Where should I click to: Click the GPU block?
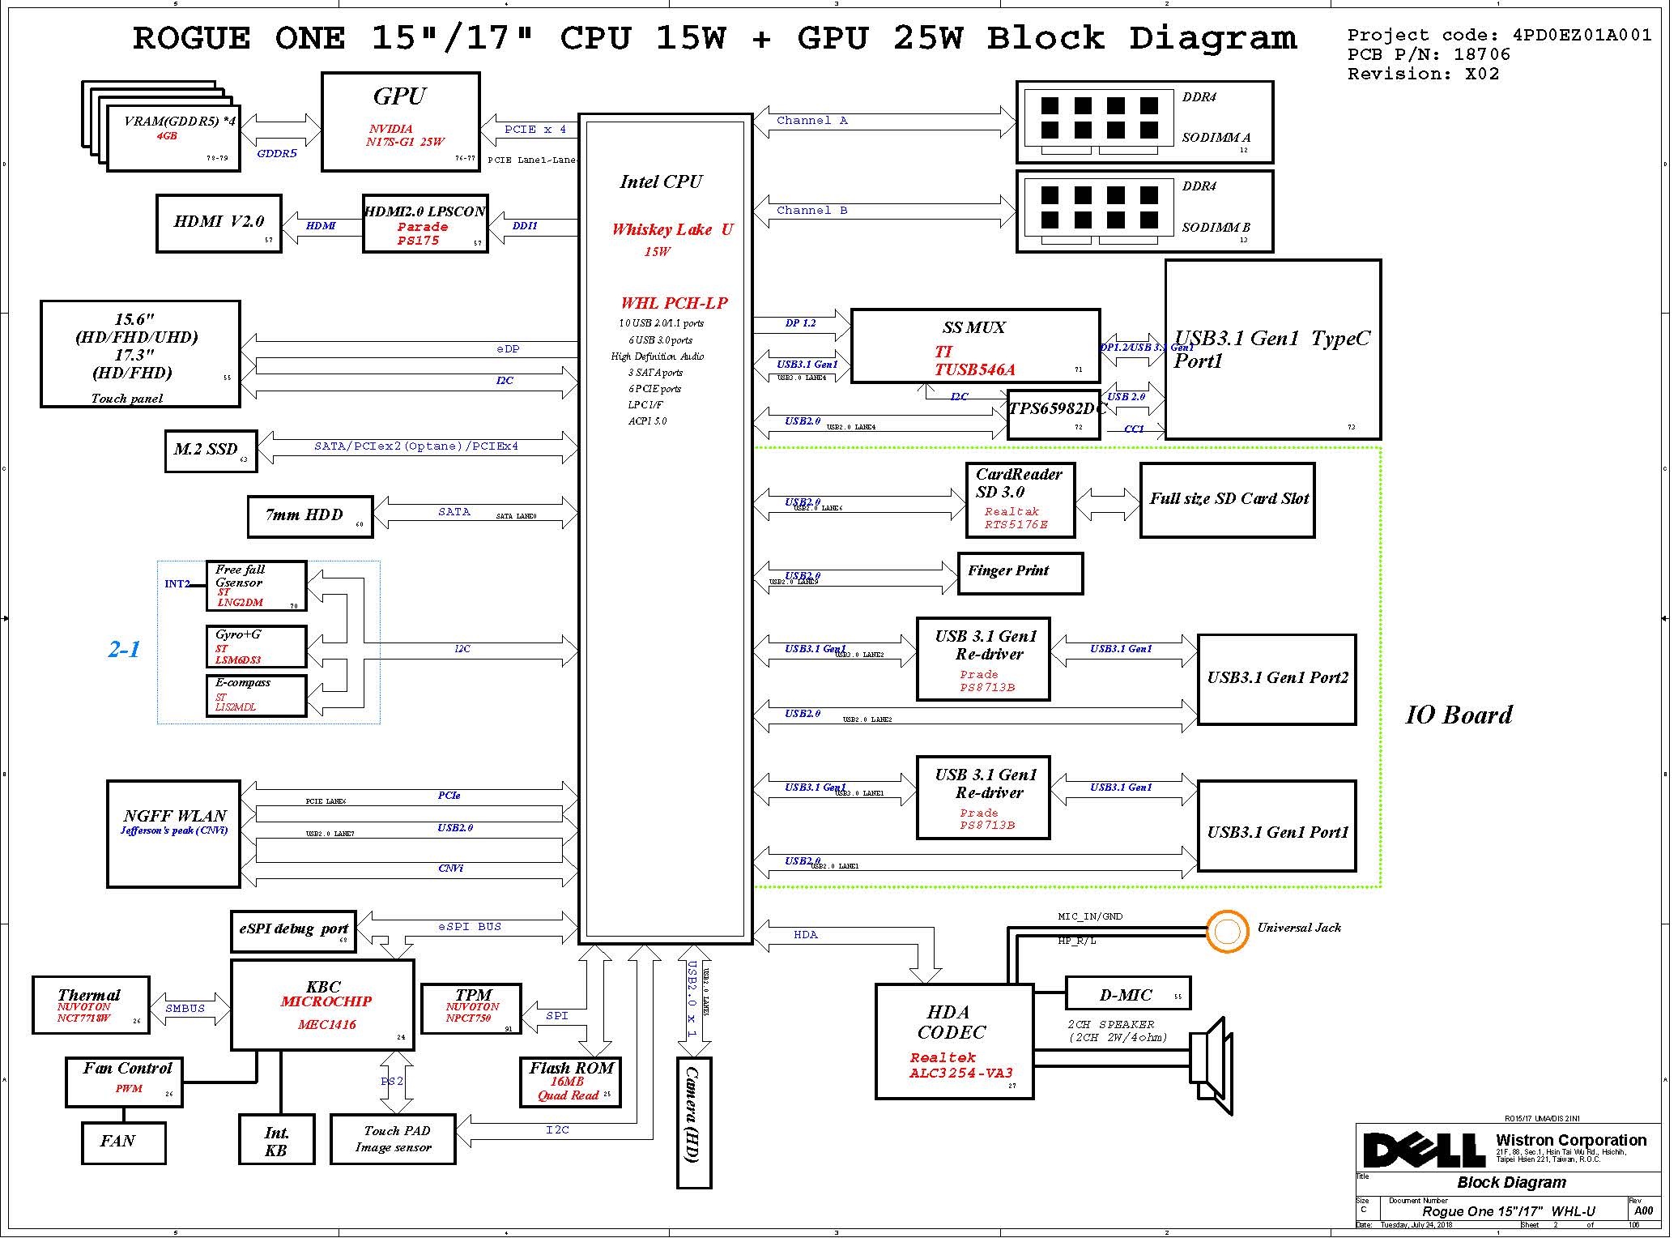coord(400,122)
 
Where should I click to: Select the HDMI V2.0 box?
coord(219,223)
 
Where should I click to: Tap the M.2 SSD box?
coord(210,450)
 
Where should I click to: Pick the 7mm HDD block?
coord(309,516)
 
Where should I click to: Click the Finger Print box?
coord(1020,573)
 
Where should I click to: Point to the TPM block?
coord(471,1008)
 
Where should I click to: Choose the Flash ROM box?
coord(570,1082)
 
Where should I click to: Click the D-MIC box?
coord(1127,994)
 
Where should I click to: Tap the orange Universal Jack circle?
coord(1227,932)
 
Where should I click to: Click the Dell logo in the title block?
coord(1424,1150)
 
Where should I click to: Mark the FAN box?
coord(123,1142)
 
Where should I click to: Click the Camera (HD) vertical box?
coord(693,1122)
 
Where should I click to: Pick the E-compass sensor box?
coord(256,695)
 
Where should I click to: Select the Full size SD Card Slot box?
coord(1227,500)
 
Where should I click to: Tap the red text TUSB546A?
coord(974,370)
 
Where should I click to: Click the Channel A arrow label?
coord(811,121)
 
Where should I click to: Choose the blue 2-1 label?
coord(124,649)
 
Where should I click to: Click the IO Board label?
coord(1459,715)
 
